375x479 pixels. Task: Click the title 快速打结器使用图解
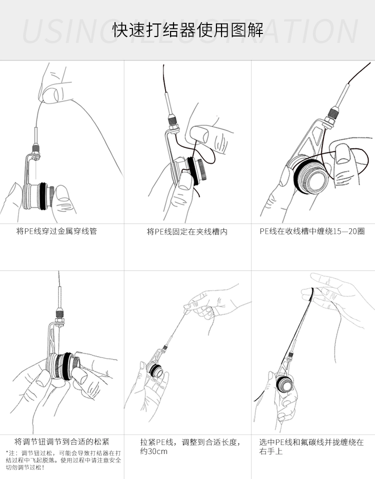187,30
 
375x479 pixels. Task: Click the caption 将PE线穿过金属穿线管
56,231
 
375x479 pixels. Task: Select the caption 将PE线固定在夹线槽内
187,231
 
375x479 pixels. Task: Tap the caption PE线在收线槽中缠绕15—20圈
312,231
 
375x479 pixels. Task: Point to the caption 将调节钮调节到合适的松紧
61,442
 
